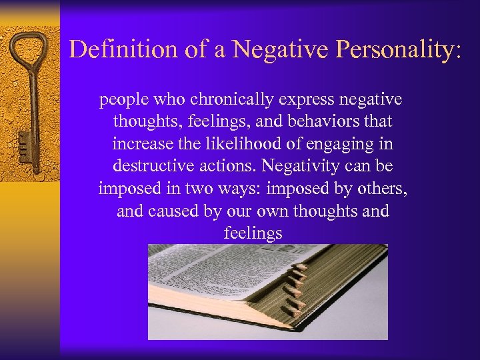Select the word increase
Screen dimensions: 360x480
(139, 143)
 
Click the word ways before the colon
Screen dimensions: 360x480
(238, 189)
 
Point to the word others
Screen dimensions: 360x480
(383, 189)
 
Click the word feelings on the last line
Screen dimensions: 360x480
(253, 233)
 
